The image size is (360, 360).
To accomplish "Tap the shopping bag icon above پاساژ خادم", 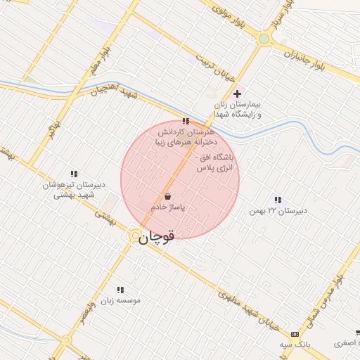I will coord(167,196).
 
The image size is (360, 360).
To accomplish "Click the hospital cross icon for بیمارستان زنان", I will coord(238,94).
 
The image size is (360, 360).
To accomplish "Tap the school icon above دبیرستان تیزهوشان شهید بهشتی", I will coord(73,174).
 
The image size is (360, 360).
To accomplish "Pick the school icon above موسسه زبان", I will coord(120,289).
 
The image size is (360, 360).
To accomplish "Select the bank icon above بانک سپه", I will coord(294,334).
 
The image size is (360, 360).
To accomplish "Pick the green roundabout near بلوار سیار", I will coord(264,39).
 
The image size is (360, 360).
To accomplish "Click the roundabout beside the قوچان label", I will coord(134,238).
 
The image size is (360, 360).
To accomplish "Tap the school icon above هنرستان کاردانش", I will coord(185,121).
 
